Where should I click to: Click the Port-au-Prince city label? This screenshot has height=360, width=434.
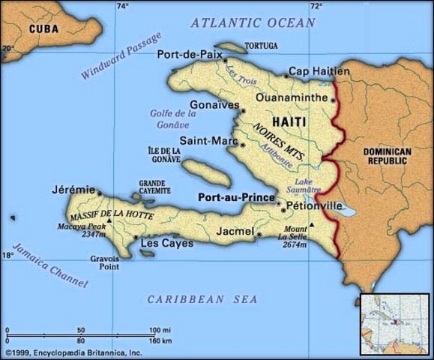235,197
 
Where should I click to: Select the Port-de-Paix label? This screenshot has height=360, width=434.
187,54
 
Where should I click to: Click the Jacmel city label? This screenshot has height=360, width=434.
235,232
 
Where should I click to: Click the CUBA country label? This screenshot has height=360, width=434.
43,28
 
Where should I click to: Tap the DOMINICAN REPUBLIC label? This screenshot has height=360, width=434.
387,156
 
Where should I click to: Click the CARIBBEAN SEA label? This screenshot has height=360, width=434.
202,299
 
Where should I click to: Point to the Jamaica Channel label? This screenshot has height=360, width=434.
50,266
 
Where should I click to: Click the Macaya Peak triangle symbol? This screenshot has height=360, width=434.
109,221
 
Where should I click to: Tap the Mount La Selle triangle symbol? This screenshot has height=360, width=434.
313,225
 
